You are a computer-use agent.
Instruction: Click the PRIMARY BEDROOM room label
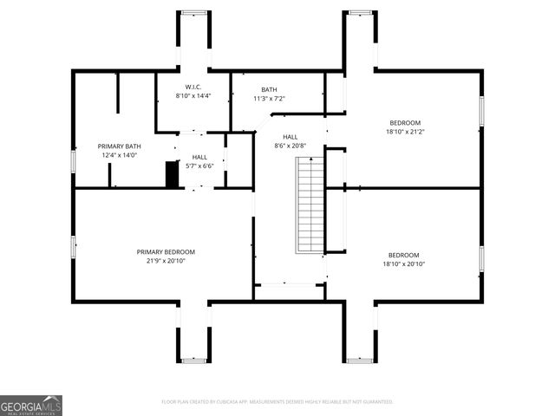click(160, 252)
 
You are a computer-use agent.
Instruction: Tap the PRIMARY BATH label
click(119, 146)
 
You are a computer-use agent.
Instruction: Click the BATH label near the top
click(269, 90)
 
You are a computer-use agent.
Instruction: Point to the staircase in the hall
click(310, 205)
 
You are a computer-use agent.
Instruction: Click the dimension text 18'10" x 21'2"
click(405, 132)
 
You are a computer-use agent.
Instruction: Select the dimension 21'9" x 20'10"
click(160, 261)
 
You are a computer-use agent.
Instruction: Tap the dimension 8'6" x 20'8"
click(290, 146)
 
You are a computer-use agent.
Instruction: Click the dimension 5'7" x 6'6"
click(199, 166)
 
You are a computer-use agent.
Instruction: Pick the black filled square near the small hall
click(172, 174)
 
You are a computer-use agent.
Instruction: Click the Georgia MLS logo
click(31, 406)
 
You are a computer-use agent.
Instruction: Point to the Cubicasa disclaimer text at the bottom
click(277, 401)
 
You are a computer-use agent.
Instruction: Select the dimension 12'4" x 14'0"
click(119, 155)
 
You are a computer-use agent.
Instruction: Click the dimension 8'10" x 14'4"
click(193, 94)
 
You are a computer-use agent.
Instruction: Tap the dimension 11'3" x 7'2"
click(269, 99)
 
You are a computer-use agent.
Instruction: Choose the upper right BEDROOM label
click(405, 123)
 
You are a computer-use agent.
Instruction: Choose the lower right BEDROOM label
click(405, 255)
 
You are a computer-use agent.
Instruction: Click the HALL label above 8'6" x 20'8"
click(290, 137)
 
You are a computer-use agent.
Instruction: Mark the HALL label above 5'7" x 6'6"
click(199, 157)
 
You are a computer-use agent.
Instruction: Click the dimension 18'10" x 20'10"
click(405, 263)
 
